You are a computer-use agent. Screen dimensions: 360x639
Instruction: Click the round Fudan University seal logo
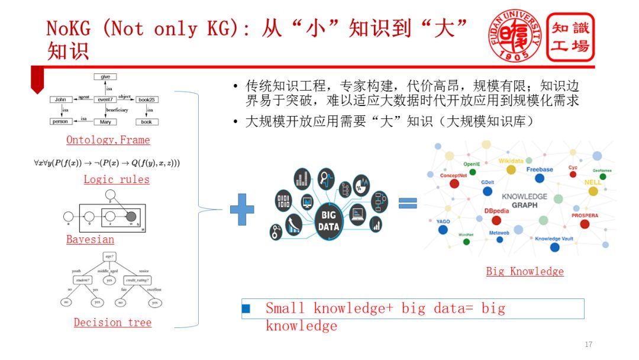[514, 35]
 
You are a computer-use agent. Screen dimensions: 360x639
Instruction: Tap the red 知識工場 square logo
[570, 37]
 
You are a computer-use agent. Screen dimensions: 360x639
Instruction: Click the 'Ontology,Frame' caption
[108, 140]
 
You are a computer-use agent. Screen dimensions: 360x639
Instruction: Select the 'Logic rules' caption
[116, 179]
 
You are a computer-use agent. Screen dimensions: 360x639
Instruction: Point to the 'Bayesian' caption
[90, 240]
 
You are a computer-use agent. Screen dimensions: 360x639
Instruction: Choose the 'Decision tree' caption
[112, 323]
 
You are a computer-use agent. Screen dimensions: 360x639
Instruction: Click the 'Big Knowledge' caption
[524, 271]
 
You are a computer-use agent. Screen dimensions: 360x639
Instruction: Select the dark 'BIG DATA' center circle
[328, 221]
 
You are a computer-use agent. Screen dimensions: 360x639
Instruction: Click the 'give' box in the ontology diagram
[105, 77]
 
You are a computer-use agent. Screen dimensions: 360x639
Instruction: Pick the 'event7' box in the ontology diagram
[105, 99]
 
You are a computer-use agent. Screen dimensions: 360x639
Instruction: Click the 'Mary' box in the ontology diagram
[105, 122]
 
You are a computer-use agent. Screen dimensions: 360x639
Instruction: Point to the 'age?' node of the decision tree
[109, 256]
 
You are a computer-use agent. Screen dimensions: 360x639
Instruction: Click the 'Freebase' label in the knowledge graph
[539, 169]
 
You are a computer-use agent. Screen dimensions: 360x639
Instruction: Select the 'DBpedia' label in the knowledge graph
[498, 210]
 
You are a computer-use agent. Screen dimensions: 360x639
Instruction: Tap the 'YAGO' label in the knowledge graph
[443, 221]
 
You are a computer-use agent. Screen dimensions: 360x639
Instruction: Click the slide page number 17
[588, 345]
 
